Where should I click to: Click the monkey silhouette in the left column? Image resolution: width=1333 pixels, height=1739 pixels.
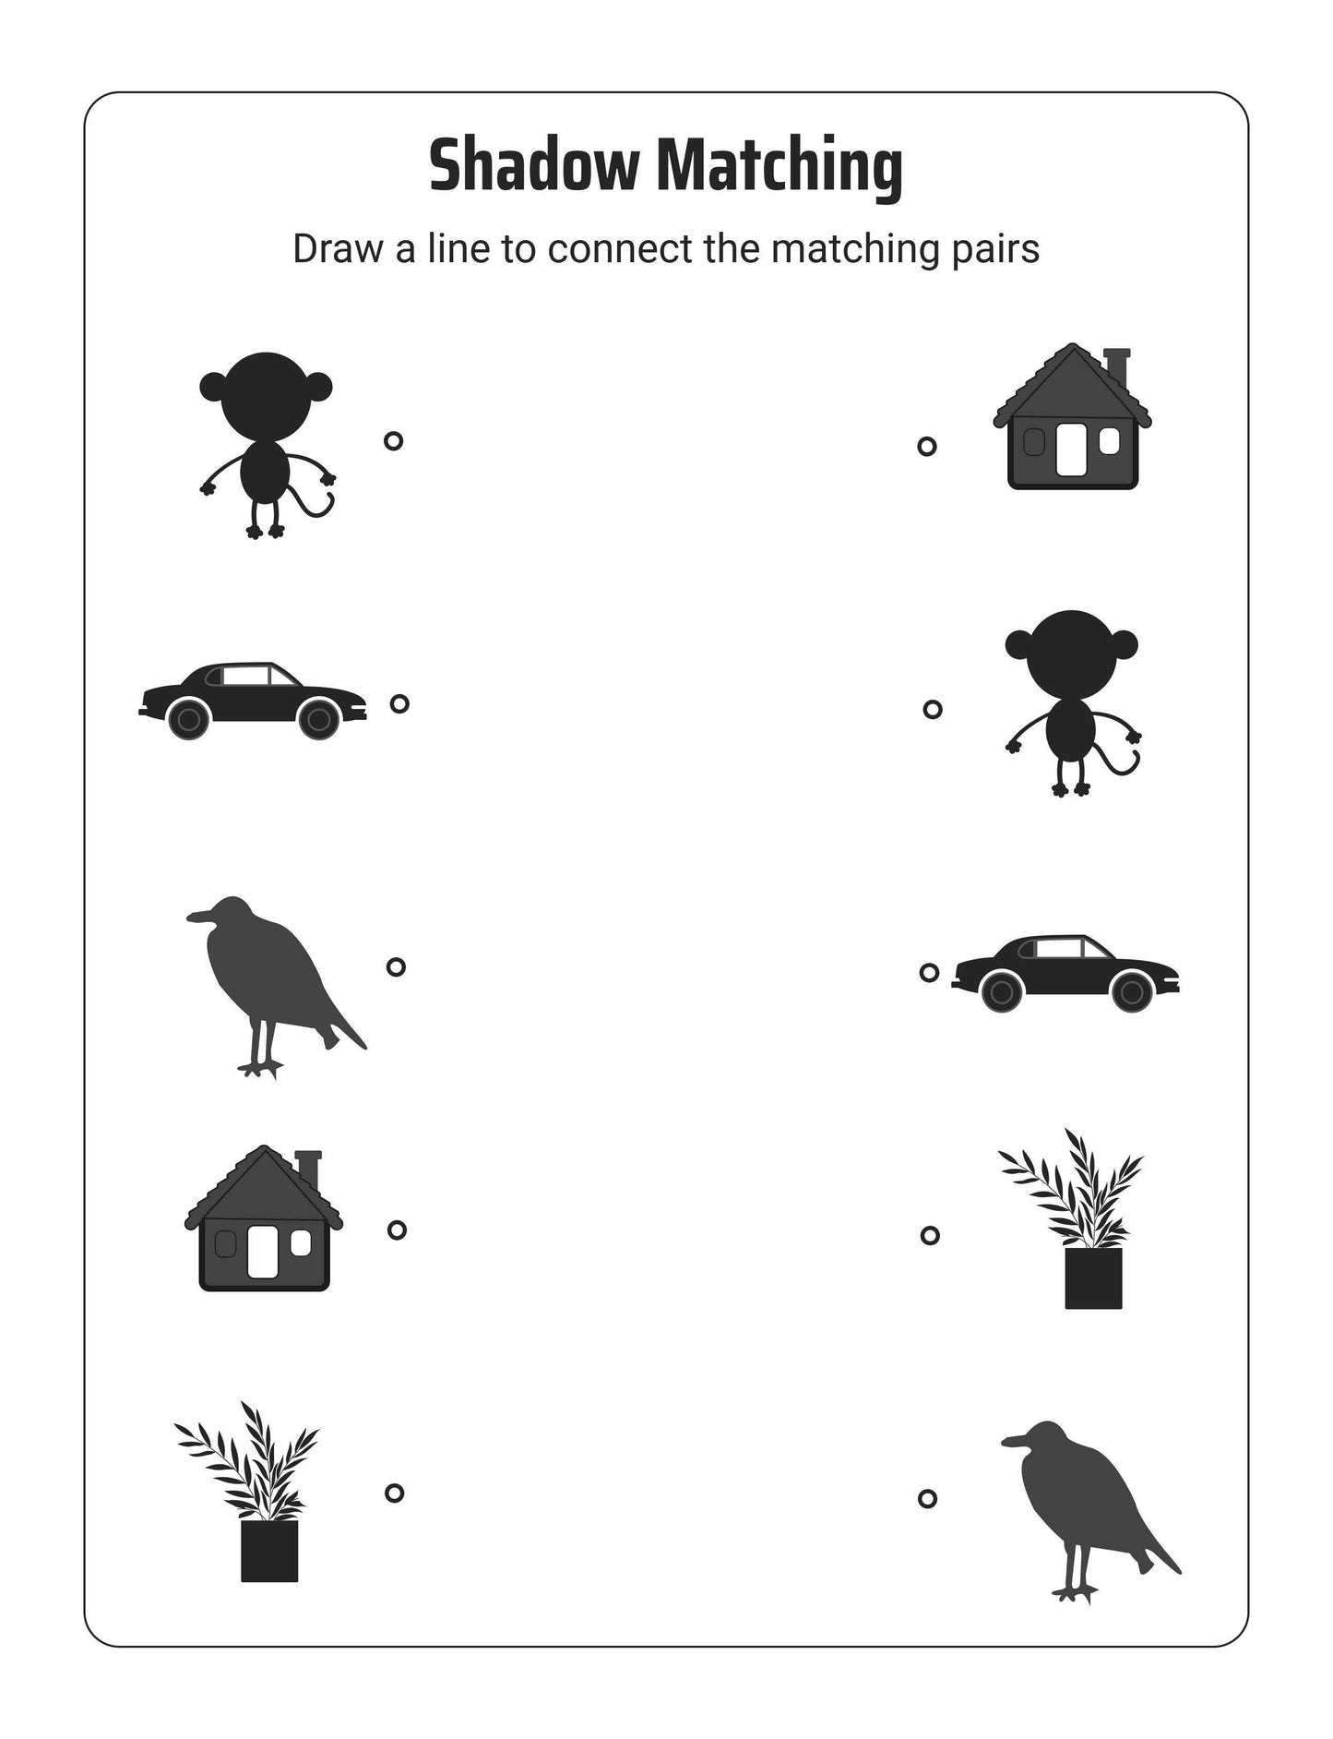pos(265,434)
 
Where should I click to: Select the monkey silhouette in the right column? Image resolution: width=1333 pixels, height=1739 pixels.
pos(1071,692)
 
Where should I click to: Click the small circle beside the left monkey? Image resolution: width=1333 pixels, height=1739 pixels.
pos(393,441)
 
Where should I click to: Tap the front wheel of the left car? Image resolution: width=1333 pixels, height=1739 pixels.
pos(319,719)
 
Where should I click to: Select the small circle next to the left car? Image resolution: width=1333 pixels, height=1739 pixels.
pos(399,703)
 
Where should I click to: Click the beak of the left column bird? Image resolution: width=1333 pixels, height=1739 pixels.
pos(196,916)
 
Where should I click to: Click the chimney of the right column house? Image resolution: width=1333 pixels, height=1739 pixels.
pos(1116,366)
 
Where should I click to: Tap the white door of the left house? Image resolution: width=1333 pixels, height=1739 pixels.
pos(264,1251)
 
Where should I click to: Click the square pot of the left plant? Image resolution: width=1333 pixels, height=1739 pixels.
pos(269,1551)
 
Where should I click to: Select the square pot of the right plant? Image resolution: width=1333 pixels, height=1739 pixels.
pos(1093,1277)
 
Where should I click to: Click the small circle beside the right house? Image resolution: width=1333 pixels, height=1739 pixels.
pos(927,447)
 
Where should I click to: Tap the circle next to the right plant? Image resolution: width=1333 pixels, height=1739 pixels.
pos(930,1235)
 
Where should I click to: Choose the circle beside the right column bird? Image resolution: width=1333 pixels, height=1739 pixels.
pos(927,1498)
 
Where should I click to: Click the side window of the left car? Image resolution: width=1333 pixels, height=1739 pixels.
pos(244,676)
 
